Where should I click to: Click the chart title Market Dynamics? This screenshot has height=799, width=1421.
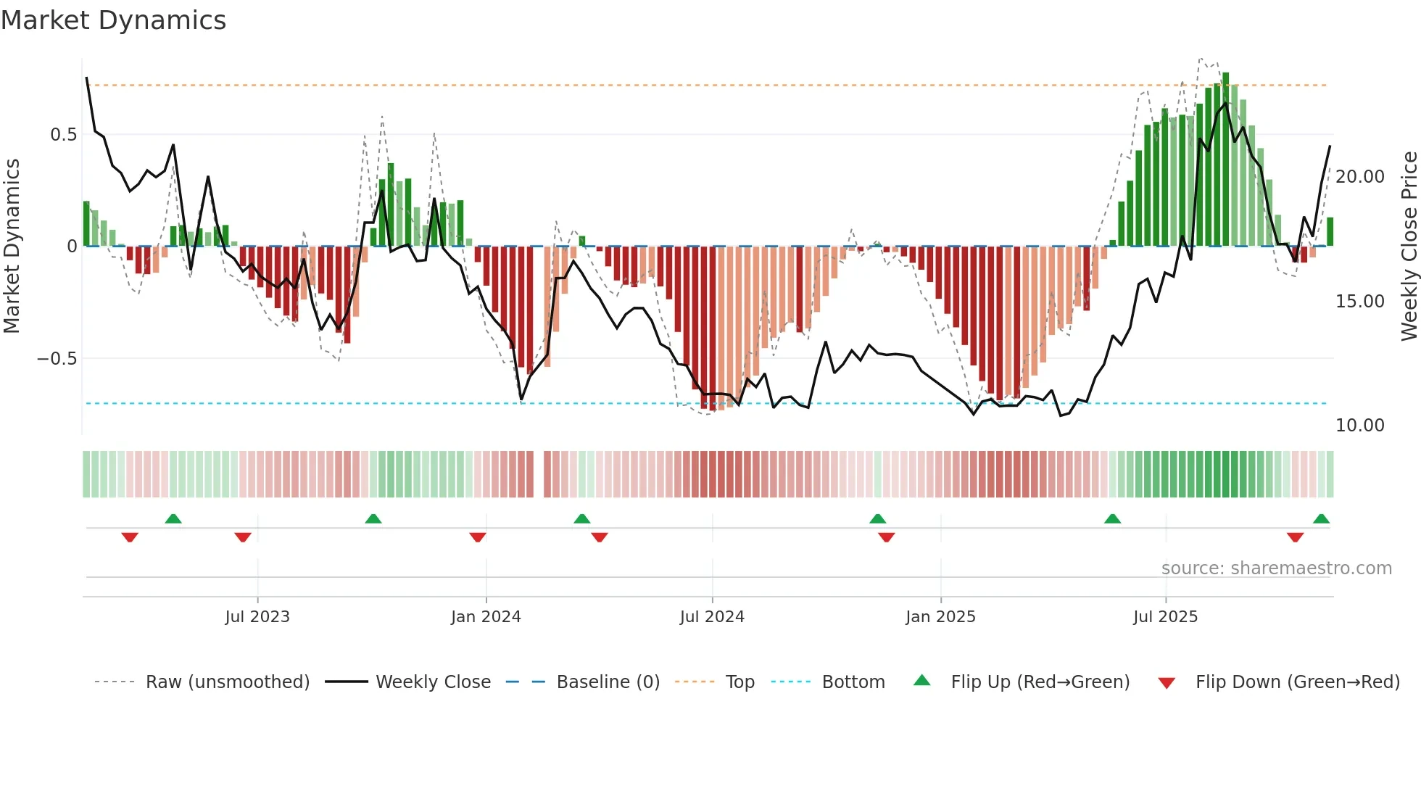point(113,20)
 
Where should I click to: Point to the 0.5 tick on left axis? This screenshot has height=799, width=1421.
point(63,135)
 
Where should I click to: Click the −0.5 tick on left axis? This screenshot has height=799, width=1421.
point(57,359)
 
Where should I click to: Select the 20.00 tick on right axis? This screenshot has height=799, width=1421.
point(1359,177)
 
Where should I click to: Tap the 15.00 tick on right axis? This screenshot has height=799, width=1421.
point(1359,302)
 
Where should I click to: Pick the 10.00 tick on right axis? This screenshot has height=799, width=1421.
point(1359,426)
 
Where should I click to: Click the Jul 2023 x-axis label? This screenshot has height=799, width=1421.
point(257,617)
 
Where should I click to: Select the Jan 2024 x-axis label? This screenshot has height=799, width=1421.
point(486,617)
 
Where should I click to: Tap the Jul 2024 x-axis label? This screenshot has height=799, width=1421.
point(712,617)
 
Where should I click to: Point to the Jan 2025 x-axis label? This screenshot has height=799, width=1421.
point(940,617)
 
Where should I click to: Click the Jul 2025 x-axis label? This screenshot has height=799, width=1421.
point(1166,617)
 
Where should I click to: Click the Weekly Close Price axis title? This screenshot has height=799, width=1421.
point(1409,247)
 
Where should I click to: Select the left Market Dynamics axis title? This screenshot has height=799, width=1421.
point(12,247)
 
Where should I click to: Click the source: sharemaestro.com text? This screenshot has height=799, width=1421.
point(1276,568)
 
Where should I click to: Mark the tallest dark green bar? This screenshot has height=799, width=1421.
point(1226,160)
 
